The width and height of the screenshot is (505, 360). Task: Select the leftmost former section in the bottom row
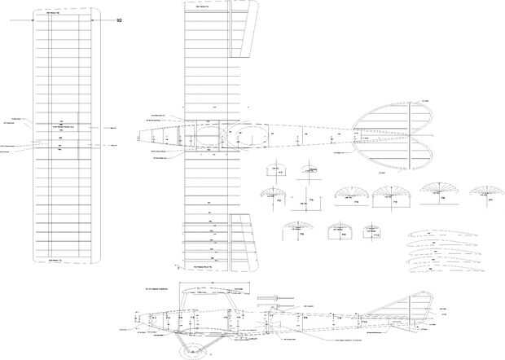(296, 231)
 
